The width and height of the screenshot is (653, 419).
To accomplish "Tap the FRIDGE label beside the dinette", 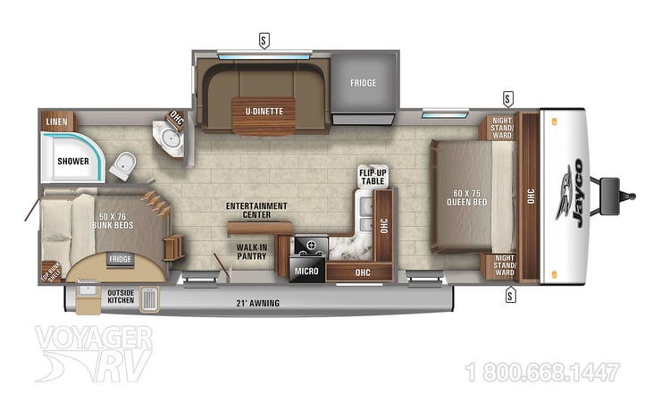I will (363, 83).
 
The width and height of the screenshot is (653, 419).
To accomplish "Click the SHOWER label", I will (73, 162).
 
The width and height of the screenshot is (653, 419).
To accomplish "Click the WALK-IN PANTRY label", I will (253, 252).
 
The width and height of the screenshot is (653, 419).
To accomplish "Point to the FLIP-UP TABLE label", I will (372, 176).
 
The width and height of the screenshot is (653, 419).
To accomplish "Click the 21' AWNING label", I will (258, 303).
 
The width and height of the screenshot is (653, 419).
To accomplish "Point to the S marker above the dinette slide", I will (264, 39).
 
